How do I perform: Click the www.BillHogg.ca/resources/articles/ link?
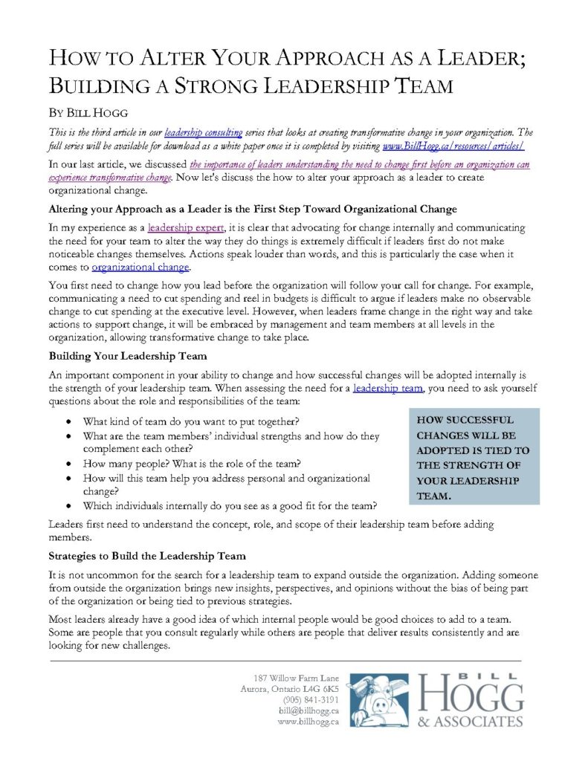[453, 146]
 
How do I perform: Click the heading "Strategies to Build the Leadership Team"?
[147, 556]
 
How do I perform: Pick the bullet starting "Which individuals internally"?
[230, 505]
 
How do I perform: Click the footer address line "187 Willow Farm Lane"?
[296, 677]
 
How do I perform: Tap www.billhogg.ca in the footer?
[308, 722]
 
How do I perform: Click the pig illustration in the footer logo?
[378, 700]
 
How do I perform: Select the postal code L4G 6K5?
[320, 688]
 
